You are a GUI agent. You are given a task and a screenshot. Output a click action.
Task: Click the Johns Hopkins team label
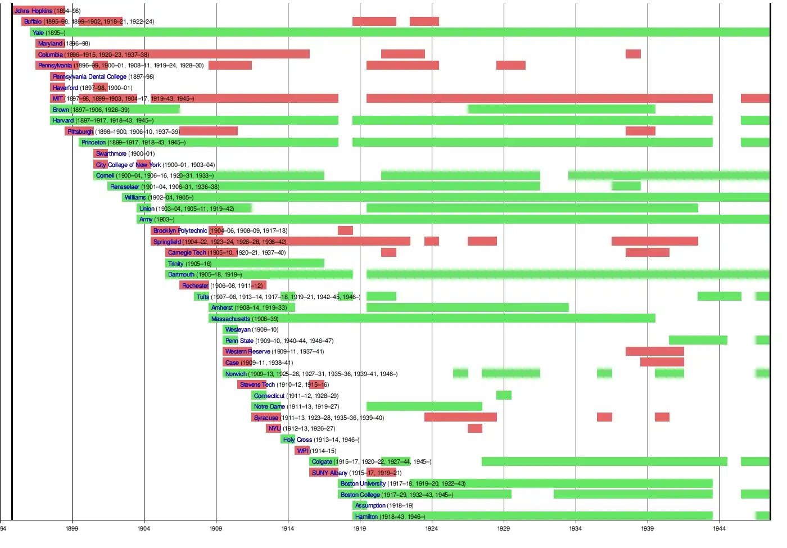click(x=33, y=11)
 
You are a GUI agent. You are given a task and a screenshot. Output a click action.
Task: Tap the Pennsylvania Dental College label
click(x=89, y=76)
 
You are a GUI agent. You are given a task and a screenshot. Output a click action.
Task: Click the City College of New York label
click(x=128, y=165)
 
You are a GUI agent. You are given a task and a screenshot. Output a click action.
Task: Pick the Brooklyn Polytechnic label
click(x=180, y=230)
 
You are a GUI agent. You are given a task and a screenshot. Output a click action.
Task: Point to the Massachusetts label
click(x=230, y=319)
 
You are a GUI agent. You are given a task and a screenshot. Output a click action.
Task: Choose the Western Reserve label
click(x=247, y=351)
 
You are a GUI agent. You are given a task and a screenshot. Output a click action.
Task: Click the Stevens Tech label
click(x=257, y=384)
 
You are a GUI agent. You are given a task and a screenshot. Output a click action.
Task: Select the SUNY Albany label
click(x=329, y=473)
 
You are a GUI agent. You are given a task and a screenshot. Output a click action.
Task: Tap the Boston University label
click(x=363, y=483)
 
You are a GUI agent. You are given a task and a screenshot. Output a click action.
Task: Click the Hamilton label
click(x=367, y=517)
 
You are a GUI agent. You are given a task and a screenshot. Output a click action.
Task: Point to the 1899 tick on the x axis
click(x=72, y=528)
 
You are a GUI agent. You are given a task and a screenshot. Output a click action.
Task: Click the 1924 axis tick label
click(x=432, y=528)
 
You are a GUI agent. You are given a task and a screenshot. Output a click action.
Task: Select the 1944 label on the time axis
click(x=720, y=528)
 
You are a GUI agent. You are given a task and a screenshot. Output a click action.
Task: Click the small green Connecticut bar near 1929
click(x=504, y=395)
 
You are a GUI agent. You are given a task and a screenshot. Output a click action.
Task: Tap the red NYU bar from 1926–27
click(x=475, y=428)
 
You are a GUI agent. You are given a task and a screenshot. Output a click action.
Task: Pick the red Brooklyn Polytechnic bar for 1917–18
click(x=345, y=230)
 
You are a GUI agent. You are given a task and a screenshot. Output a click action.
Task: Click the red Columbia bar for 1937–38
click(x=633, y=54)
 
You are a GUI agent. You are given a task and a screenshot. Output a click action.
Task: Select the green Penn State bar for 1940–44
click(x=698, y=340)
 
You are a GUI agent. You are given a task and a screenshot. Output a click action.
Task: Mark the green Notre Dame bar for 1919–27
click(x=424, y=406)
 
